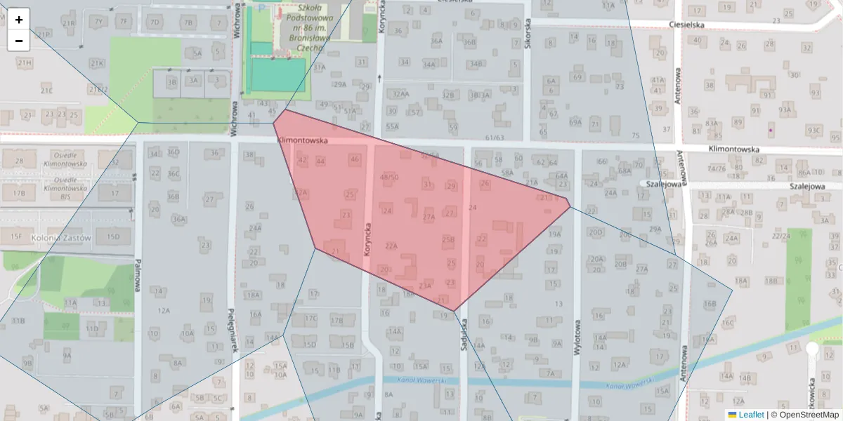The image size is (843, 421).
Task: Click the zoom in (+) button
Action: (19, 20)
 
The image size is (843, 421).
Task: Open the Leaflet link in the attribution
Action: (750, 415)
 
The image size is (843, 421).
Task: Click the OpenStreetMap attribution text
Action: (806, 415)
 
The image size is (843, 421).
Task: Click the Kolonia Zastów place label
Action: (62, 238)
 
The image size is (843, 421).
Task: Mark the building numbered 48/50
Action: (388, 177)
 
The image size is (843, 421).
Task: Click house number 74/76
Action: (717, 168)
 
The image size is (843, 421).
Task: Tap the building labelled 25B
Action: (448, 240)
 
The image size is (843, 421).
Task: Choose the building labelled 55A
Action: (392, 126)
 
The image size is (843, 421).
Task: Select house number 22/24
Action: (780, 236)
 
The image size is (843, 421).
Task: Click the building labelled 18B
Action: (771, 281)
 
